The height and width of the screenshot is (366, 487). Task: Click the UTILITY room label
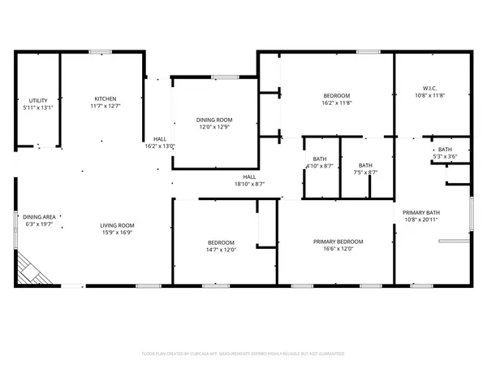pyautogui.click(x=37, y=99)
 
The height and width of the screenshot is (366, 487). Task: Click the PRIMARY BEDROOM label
pyautogui.click(x=338, y=241)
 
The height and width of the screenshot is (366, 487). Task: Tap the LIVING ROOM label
pyautogui.click(x=118, y=225)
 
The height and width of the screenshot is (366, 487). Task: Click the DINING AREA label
pyautogui.click(x=39, y=217)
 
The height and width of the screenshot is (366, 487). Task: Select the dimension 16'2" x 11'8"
pyautogui.click(x=336, y=103)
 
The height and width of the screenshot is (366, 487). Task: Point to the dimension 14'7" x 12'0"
pyautogui.click(x=221, y=250)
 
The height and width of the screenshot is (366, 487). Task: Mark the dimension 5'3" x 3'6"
pyautogui.click(x=446, y=157)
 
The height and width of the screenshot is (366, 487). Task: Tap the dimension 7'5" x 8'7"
pyautogui.click(x=366, y=172)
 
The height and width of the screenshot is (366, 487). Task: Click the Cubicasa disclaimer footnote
pyautogui.click(x=243, y=355)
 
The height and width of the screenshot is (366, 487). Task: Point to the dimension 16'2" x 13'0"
pyautogui.click(x=160, y=146)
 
